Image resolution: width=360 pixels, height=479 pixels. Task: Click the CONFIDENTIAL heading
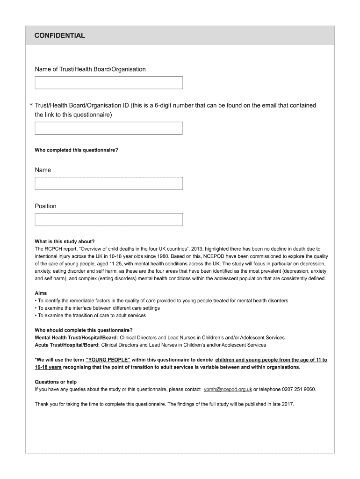[x=60, y=36]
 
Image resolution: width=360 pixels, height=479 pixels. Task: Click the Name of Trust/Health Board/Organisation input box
[x=108, y=83]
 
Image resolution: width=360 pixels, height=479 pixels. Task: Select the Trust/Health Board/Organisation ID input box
[x=108, y=128]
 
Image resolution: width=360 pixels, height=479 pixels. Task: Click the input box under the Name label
[x=108, y=183]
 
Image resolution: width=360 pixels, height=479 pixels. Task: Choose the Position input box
[x=108, y=219]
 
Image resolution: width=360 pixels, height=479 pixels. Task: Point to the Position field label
[x=45, y=206]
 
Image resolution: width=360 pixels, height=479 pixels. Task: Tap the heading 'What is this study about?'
[x=65, y=242]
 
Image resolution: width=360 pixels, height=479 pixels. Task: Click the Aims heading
[x=41, y=293]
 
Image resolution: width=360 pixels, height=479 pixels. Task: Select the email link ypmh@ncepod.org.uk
[x=228, y=389]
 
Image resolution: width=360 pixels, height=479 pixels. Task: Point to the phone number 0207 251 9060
[x=299, y=389]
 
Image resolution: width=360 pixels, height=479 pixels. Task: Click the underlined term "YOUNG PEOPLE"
[x=108, y=360]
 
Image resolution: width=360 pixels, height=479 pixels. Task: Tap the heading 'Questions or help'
[x=56, y=382]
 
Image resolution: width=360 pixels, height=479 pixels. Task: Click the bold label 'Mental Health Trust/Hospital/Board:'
[x=76, y=337]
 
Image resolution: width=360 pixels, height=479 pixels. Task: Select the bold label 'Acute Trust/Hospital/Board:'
[x=67, y=345]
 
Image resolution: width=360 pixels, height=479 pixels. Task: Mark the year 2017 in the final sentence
[x=287, y=404]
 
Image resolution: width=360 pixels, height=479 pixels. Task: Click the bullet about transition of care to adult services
[x=92, y=315]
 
